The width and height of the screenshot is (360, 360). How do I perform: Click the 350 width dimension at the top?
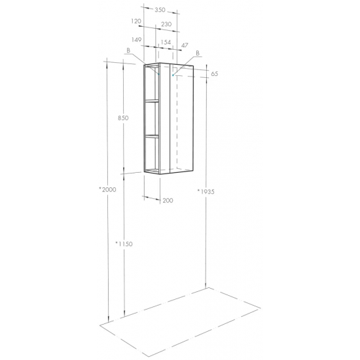pos(160,10)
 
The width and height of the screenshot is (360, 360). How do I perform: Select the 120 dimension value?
pos(136,22)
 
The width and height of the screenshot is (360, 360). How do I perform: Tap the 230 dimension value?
pos(166,24)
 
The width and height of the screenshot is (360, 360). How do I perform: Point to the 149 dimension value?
pos(136,40)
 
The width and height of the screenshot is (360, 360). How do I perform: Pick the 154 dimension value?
pos(166,43)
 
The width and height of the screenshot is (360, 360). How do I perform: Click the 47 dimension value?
pos(185,45)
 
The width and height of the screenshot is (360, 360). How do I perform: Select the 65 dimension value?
pos(215,74)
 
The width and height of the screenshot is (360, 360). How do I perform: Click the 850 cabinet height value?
pos(123,118)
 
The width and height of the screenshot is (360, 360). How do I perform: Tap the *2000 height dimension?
pos(107,190)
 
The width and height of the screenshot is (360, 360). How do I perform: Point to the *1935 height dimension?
pos(206,192)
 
